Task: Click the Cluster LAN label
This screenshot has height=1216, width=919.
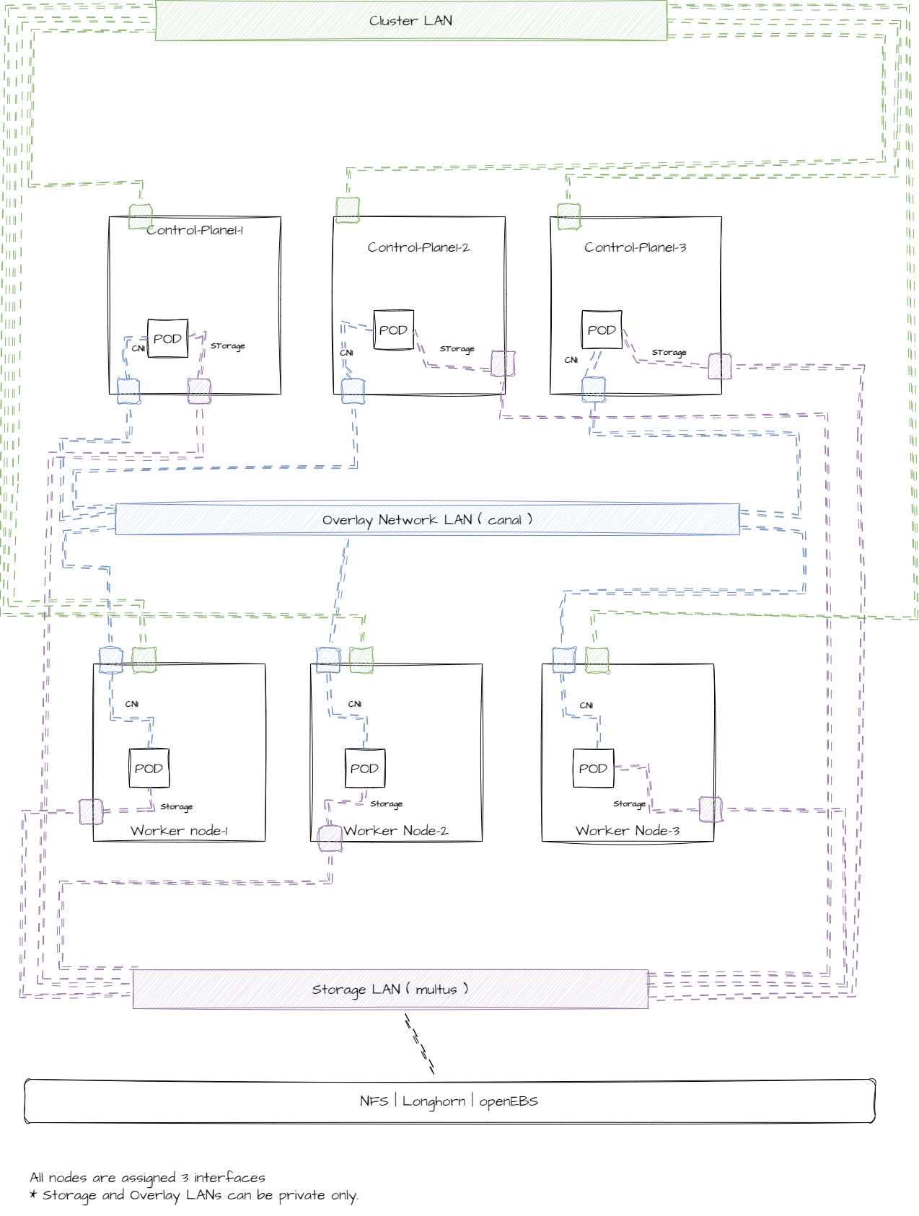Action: (410, 21)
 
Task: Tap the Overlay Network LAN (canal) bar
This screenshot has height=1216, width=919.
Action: (427, 519)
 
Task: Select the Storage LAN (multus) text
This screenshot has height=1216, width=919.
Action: (390, 989)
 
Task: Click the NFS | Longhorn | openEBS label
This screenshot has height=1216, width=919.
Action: (449, 1101)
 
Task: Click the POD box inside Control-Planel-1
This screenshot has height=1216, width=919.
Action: (167, 338)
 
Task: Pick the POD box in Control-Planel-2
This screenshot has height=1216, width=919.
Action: (393, 330)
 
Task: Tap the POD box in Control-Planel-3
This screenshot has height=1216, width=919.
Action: (602, 330)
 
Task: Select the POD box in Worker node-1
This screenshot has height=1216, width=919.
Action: (149, 768)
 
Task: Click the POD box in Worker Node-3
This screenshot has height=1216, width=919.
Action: (593, 768)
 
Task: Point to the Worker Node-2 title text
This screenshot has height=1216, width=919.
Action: (395, 831)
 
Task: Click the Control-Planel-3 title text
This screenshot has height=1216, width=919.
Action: (635, 247)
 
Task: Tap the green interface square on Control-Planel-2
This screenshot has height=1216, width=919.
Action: (348, 210)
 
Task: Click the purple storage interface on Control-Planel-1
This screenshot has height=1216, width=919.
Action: (199, 391)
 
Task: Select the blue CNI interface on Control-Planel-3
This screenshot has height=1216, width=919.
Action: (593, 389)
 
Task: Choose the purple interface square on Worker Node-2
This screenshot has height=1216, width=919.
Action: (330, 838)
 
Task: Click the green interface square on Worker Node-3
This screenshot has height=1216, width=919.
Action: (597, 660)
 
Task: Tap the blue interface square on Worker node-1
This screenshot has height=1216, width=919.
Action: (111, 660)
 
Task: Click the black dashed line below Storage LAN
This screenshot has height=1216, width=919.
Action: (419, 1044)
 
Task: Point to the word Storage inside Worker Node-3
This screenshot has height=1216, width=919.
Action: (629, 803)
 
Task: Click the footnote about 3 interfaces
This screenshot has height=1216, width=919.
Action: (148, 1177)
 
